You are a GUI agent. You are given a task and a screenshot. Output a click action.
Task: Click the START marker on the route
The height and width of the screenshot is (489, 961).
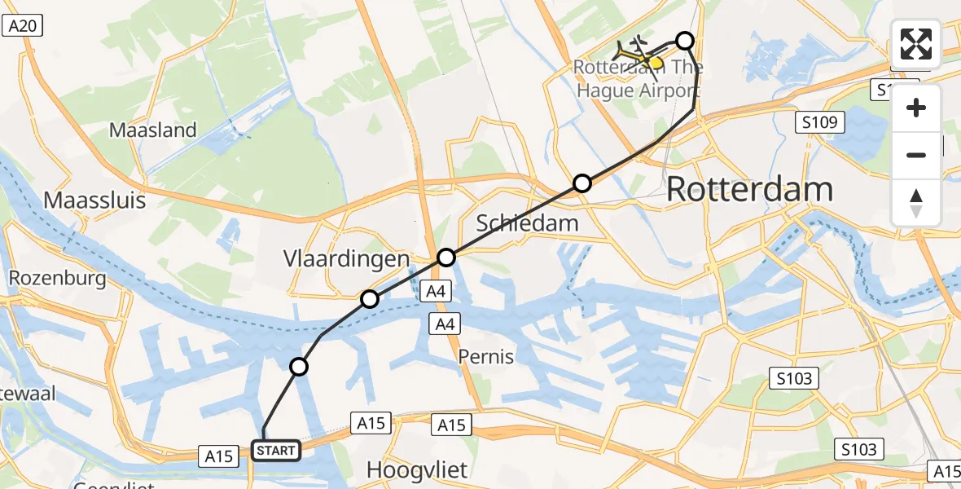point(276,451)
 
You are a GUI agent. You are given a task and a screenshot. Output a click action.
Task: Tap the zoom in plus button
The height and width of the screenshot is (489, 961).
point(916,108)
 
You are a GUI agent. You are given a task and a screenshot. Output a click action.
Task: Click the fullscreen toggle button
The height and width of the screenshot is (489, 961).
point(916,44)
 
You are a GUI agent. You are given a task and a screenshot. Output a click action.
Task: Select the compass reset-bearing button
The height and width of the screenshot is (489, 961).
point(916,203)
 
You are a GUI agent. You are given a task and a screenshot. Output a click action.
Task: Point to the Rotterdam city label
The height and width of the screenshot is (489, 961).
point(749,190)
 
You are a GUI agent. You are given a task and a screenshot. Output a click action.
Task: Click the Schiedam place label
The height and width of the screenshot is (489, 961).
point(527,222)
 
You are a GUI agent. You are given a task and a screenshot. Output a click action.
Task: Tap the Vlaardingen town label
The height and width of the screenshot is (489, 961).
point(345,259)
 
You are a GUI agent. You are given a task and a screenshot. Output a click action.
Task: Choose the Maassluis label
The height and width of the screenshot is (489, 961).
point(94,200)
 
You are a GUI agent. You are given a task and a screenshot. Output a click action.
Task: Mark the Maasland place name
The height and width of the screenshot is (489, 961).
point(153,130)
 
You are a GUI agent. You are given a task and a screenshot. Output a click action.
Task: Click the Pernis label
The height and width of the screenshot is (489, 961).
point(486,356)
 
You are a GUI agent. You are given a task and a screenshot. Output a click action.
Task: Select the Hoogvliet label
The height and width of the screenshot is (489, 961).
point(419,470)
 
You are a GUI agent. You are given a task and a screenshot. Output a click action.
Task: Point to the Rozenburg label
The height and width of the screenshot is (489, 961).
point(57,279)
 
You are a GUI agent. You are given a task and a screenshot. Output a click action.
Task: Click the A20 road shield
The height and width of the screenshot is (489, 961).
point(22,26)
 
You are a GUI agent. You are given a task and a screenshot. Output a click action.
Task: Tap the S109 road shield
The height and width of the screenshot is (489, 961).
point(820,123)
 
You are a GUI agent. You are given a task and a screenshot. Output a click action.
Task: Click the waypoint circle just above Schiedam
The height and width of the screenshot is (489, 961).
point(581,183)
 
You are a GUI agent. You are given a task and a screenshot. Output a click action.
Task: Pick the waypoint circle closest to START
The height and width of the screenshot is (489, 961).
point(300,367)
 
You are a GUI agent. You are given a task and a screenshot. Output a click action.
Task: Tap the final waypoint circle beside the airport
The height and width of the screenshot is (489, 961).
point(685,40)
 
